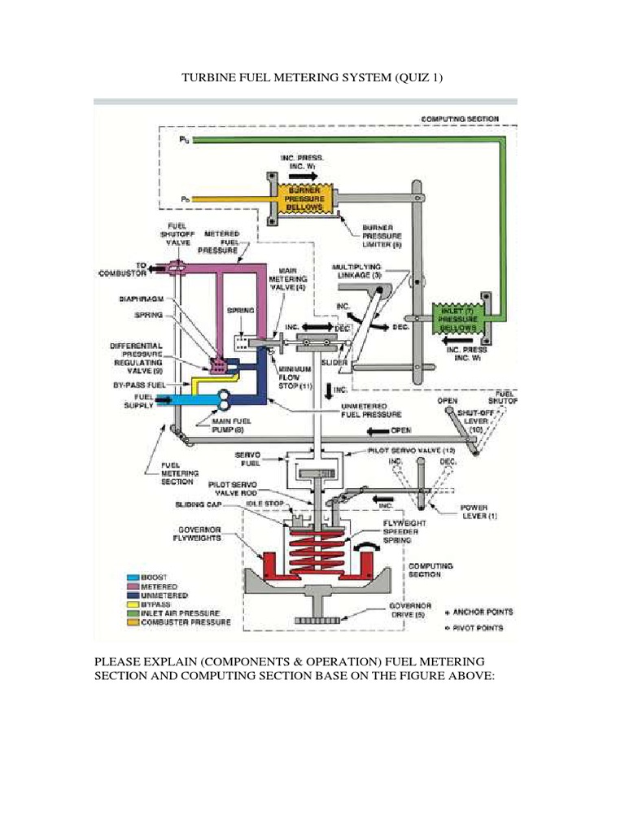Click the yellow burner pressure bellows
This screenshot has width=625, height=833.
point(304,198)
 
